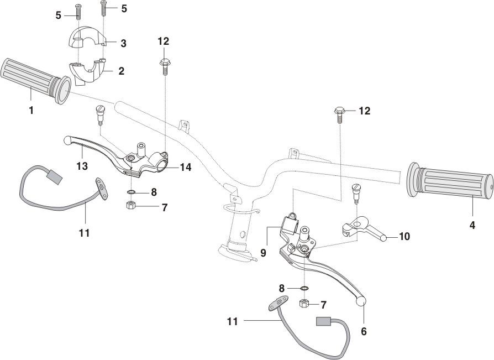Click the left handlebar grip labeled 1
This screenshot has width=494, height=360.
pos(33,79)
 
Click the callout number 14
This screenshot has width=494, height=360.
pos(185,166)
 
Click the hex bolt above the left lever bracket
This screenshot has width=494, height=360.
pos(164,65)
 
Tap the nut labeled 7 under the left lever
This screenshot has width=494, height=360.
pos(132,206)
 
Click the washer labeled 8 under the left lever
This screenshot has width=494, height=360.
pos(132,192)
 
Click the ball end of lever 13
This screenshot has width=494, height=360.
pos(67,140)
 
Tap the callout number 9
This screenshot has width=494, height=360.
pos(264,253)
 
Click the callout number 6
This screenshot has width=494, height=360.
pos(363,331)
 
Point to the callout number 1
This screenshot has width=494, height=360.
pos(31,110)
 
